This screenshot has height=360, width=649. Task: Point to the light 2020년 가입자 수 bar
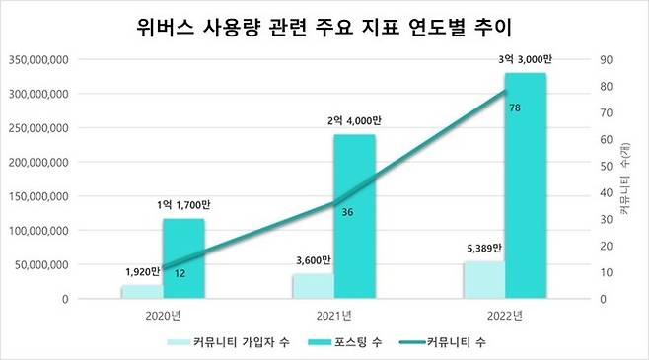(x=141, y=292)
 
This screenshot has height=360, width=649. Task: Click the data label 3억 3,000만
(x=526, y=61)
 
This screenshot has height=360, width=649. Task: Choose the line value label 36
(x=347, y=212)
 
